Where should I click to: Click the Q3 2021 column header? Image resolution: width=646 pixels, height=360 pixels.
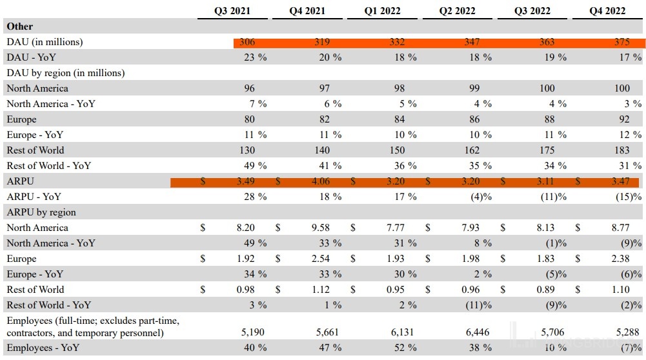pyautogui.click(x=232, y=11)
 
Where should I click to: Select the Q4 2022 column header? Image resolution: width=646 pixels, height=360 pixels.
pyautogui.click(x=607, y=11)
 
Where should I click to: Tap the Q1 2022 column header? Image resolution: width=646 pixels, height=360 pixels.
pyautogui.click(x=382, y=11)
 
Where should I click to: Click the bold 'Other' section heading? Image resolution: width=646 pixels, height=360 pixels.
pyautogui.click(x=19, y=26)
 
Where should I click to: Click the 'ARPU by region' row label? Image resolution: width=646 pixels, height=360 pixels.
pyautogui.click(x=41, y=212)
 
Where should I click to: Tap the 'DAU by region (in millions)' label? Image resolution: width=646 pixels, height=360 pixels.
pyautogui.click(x=65, y=73)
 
